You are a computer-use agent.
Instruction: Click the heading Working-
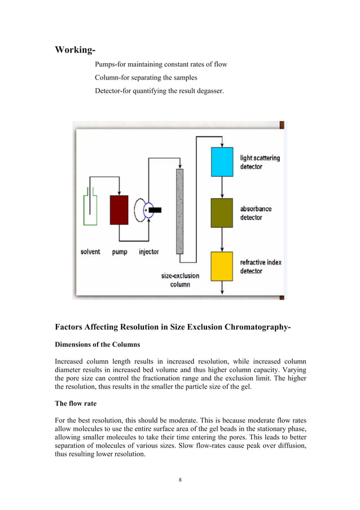click(74, 50)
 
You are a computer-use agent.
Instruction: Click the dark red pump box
click(119, 210)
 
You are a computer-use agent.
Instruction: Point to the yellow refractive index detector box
click(222, 266)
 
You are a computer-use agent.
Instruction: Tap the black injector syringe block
click(154, 210)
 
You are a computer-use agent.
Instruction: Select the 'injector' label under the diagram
click(149, 252)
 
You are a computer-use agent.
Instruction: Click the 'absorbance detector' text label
click(256, 213)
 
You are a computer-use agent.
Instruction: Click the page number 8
click(180, 480)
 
